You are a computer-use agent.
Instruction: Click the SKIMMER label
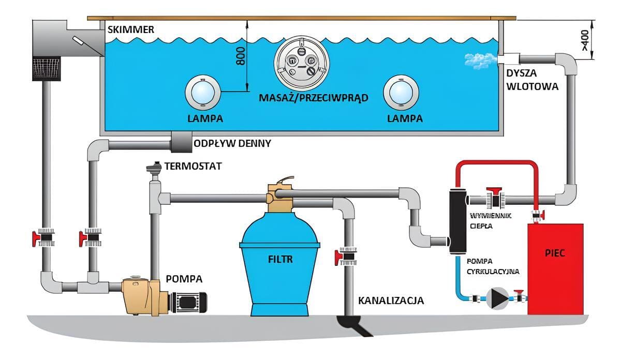tap(130, 29)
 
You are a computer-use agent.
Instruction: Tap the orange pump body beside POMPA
tap(140, 295)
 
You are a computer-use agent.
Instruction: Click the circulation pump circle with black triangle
tap(497, 298)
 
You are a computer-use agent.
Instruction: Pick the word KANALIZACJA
tap(391, 300)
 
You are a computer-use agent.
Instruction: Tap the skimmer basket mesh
tap(47, 69)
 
